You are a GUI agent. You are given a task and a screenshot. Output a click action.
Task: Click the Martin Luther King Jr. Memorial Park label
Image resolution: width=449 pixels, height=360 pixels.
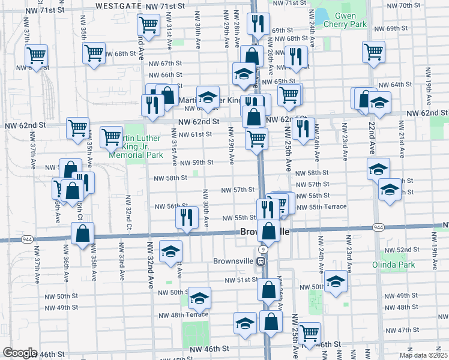point(136,146)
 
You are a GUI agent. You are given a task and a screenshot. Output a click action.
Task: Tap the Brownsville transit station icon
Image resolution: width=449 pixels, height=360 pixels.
point(261,261)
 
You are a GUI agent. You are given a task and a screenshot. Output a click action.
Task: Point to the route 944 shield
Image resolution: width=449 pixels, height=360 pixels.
point(378,227)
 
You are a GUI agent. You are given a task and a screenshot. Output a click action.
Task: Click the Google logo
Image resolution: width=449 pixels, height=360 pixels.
point(20,353)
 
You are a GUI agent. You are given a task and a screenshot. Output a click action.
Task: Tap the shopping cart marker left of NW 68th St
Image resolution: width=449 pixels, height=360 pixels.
point(94,53)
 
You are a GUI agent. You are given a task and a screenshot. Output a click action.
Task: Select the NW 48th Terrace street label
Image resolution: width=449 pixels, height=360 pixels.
point(184,314)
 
